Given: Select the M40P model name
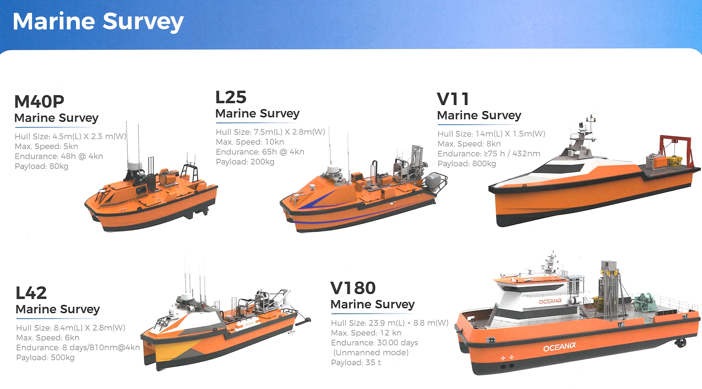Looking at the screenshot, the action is tap(39, 102).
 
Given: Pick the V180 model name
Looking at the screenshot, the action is tap(353, 288).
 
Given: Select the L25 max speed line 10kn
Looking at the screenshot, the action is tap(250, 142).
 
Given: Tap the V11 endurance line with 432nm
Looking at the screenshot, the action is tap(489, 154).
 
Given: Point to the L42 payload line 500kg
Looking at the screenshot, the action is tap(45, 357).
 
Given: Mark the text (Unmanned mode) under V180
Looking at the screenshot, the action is tap(371, 353).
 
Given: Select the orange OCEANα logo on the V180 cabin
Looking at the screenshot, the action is tap(550, 301).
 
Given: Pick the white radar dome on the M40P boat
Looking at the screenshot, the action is tap(135, 166).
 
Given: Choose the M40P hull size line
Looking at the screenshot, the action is tap(70, 136).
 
